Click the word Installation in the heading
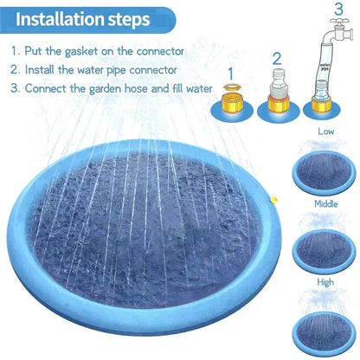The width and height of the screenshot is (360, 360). click(x=60, y=19)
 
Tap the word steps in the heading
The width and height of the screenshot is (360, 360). click(x=129, y=20)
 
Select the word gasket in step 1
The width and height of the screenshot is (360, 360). click(x=81, y=51)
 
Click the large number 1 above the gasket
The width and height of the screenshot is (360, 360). click(x=231, y=74)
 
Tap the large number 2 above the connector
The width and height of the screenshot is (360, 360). click(x=277, y=59)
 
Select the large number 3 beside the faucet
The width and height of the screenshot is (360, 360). click(x=338, y=10)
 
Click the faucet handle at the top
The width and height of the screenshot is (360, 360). click(x=339, y=21)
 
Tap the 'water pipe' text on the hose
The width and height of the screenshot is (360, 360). click(x=325, y=67)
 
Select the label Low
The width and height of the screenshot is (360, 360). click(x=326, y=132)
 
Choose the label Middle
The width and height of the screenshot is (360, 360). click(x=326, y=204)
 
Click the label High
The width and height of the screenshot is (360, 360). click(x=325, y=282)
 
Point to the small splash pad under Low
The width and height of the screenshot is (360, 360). click(x=325, y=172)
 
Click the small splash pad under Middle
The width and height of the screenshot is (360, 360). click(x=325, y=251)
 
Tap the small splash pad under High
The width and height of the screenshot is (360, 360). click(x=325, y=332)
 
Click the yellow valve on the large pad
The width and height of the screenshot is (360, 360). click(x=274, y=200)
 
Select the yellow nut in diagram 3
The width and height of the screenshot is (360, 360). click(x=321, y=105)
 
